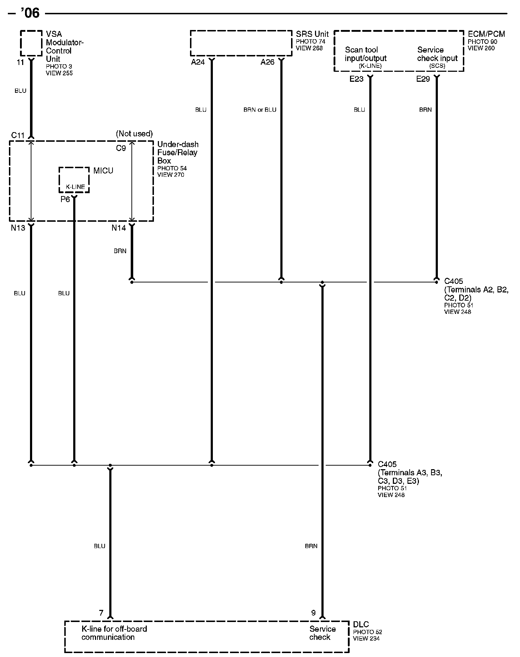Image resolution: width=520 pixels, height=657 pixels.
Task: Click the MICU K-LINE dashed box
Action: coord(74,180)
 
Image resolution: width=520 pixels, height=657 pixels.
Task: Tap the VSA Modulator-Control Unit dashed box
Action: coord(31,43)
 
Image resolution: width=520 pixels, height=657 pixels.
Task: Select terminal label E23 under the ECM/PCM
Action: coord(356,79)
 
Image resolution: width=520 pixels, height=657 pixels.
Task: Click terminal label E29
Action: coord(423,79)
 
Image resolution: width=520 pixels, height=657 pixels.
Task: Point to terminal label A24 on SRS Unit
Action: coord(198,62)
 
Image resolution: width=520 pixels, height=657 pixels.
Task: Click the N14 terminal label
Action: coord(119,228)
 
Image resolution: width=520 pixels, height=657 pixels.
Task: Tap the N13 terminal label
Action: coord(18,228)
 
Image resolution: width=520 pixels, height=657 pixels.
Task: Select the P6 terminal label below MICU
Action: coord(65,199)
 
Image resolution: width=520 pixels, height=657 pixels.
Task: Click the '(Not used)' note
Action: coord(134,134)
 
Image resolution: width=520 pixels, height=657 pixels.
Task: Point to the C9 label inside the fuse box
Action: coord(121,148)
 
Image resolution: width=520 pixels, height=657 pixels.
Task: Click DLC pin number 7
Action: coord(101,613)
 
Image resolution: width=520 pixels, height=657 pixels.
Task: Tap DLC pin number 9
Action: coord(313,613)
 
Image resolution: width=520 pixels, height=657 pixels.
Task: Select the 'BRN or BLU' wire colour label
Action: coord(260,110)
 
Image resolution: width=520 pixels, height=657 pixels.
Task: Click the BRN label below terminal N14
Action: coord(120,251)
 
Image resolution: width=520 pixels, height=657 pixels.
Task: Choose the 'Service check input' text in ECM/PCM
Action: coord(437,54)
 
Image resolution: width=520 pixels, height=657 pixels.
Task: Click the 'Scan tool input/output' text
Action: coord(365,54)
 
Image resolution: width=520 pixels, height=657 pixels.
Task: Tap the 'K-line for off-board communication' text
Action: coord(114,633)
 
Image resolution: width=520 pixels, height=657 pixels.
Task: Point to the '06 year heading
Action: coord(30,13)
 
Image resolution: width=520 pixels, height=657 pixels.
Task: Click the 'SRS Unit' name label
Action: coord(312,34)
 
